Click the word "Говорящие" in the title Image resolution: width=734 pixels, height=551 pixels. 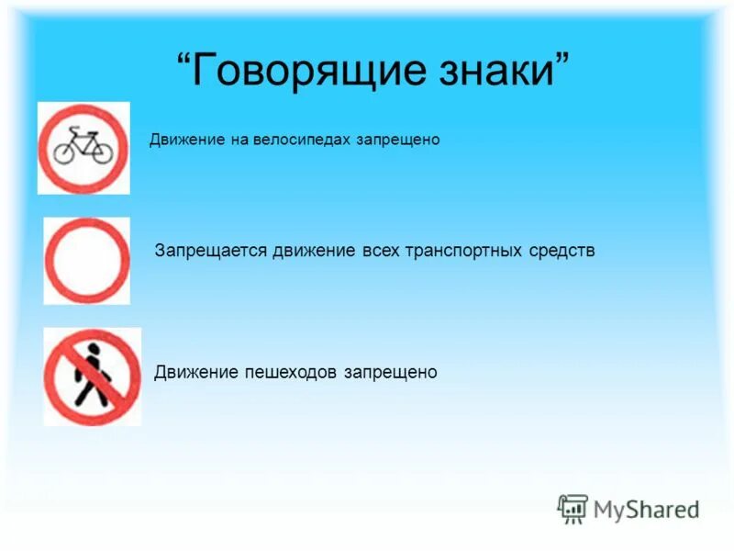pyautogui.click(x=293, y=73)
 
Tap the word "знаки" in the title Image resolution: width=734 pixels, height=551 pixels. pyautogui.click(x=493, y=73)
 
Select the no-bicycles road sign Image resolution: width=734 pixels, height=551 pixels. pyautogui.click(x=83, y=147)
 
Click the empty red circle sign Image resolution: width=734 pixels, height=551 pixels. pyautogui.click(x=87, y=261)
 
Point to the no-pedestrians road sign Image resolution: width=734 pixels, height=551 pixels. pyautogui.click(x=92, y=376)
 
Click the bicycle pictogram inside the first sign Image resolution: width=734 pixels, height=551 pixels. pyautogui.click(x=83, y=146)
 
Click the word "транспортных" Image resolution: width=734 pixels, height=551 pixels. pyautogui.click(x=462, y=251)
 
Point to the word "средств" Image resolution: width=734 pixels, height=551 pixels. pyautogui.click(x=561, y=251)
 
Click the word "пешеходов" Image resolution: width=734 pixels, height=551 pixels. pyautogui.click(x=292, y=373)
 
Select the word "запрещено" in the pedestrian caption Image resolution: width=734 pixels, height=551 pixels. pyautogui.click(x=391, y=373)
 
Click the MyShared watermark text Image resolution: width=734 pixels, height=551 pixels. pyautogui.click(x=645, y=509)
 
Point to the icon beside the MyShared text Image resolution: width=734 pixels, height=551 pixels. pyautogui.click(x=573, y=509)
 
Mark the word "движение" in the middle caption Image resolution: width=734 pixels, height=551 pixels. pyautogui.click(x=313, y=251)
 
